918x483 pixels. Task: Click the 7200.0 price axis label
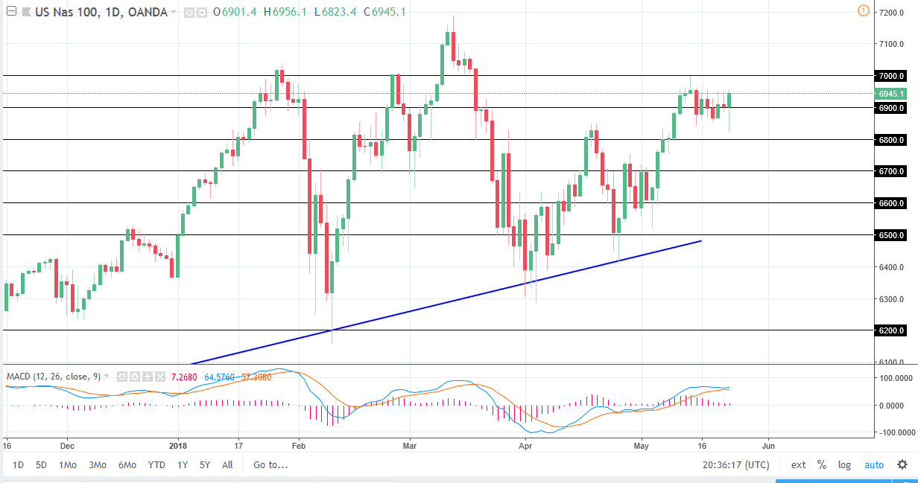891,13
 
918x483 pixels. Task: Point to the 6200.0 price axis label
891,330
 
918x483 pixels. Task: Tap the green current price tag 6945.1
891,94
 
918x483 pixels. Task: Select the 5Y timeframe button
205,465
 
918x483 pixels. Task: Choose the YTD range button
156,465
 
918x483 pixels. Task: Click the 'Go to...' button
270,465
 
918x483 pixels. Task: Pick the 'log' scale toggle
844,465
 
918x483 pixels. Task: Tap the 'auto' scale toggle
874,465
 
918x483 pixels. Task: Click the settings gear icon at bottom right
902,465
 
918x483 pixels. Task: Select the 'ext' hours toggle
799,465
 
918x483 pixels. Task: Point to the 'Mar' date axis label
409,447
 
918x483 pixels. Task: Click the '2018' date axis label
179,447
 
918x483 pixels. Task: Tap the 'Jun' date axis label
769,447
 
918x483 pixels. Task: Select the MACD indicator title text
52,376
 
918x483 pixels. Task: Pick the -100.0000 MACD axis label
895,432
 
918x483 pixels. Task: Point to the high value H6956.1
285,12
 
